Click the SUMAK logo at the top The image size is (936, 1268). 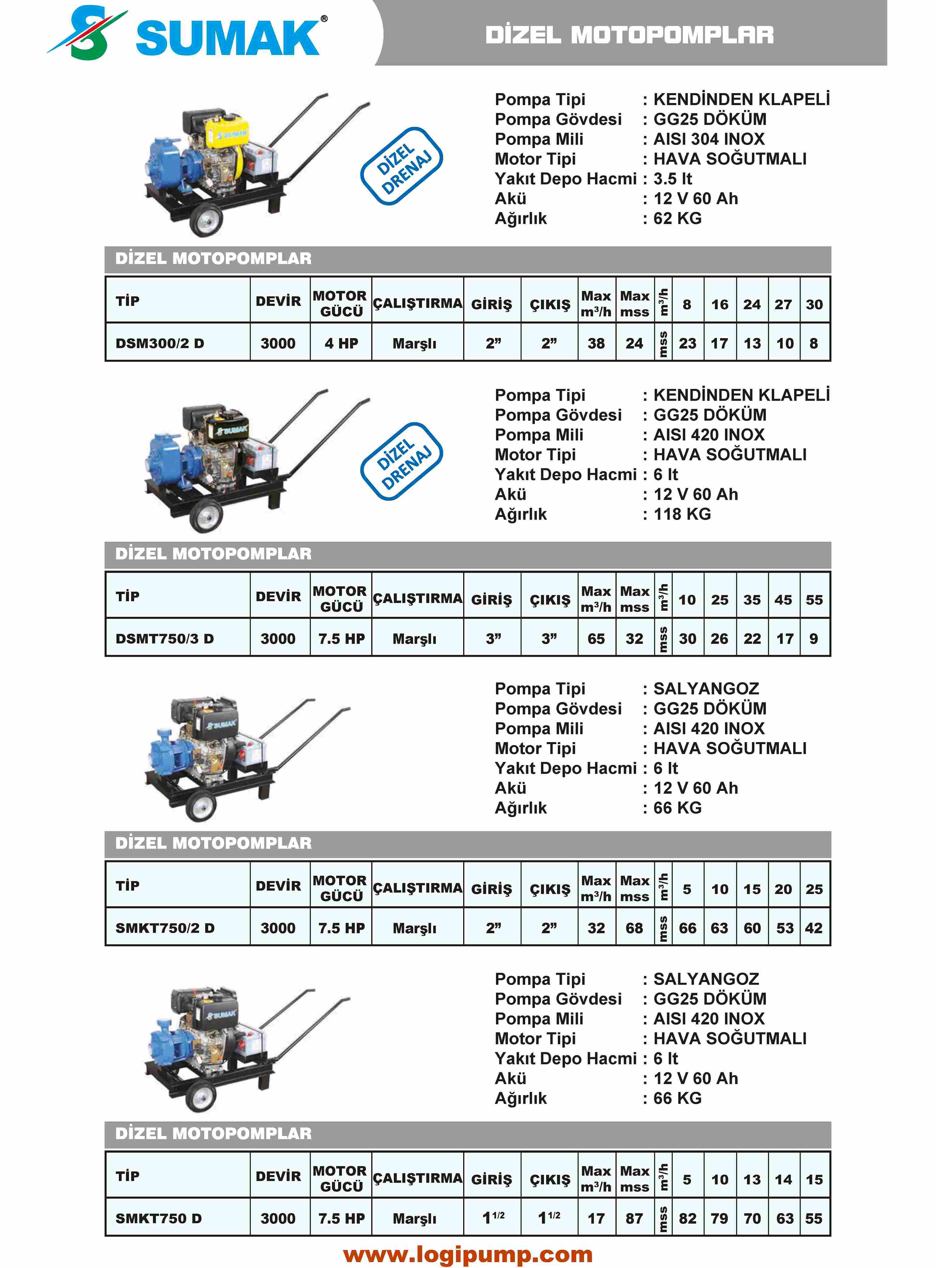coord(187,34)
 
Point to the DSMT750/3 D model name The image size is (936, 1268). coord(164,639)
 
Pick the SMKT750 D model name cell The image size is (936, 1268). coord(159,1218)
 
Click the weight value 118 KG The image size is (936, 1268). coord(682,514)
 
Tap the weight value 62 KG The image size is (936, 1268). coord(678,218)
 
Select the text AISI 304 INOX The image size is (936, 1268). coord(709,139)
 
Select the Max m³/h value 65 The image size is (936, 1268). coord(596,639)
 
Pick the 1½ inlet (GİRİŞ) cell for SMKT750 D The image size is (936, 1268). coord(493,1218)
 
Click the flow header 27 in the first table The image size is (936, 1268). coord(783,304)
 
